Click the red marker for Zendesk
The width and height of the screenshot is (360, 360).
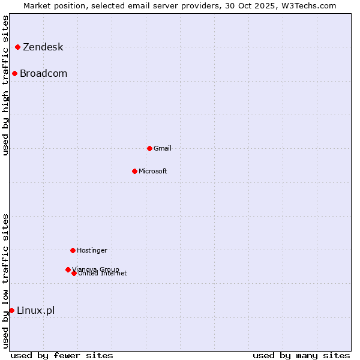(18, 47)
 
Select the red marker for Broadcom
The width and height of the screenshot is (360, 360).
(14, 73)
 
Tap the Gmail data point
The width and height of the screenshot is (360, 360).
(149, 148)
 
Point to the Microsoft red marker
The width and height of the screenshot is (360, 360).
(134, 171)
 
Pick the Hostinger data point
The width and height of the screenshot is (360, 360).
(73, 250)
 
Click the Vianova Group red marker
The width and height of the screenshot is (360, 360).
(68, 269)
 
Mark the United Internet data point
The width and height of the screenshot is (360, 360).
(74, 273)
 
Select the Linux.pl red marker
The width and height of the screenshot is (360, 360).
(11, 310)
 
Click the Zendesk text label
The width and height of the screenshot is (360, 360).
(43, 47)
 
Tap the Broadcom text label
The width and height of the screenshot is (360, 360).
(43, 74)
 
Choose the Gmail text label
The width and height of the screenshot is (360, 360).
(163, 148)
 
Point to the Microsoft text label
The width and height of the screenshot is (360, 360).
(153, 171)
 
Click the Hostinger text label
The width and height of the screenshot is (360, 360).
(92, 250)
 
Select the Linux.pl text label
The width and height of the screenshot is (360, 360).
(35, 310)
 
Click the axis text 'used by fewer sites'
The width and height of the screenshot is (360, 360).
(62, 355)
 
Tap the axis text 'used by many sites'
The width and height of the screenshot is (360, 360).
(301, 355)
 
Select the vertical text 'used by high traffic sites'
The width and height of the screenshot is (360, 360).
(5, 85)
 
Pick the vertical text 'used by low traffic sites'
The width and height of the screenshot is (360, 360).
(5, 281)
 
